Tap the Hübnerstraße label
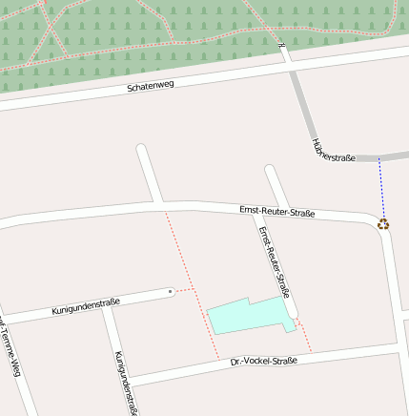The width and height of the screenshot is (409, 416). coord(334,149)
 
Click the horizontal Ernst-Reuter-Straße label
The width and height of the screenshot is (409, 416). coord(276,212)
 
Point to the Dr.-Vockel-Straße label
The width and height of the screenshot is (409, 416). coord(264,362)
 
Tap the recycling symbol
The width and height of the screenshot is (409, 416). coord(383,224)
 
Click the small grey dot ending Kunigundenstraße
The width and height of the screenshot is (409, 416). coord(171,290)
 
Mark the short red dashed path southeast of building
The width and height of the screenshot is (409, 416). coord(304,336)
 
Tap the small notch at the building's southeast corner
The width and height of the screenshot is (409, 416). coord(290,327)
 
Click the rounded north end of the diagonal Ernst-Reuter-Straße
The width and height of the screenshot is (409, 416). coord(270,172)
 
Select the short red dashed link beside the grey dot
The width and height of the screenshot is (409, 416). coord(184,288)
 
